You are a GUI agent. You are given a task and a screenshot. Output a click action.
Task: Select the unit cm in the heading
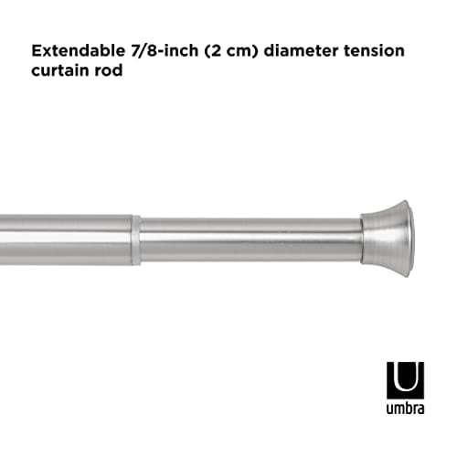(x=239, y=52)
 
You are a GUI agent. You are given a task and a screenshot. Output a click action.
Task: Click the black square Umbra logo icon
(x=405, y=379)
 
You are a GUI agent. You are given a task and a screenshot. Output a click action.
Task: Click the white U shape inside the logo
(x=405, y=377)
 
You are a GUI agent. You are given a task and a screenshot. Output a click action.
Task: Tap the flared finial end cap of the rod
(x=388, y=235)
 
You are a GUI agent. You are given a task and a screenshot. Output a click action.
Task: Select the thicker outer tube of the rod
(x=64, y=240)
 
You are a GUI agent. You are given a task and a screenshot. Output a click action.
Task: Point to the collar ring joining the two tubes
(x=136, y=240)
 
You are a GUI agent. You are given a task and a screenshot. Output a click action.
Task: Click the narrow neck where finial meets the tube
(x=365, y=239)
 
